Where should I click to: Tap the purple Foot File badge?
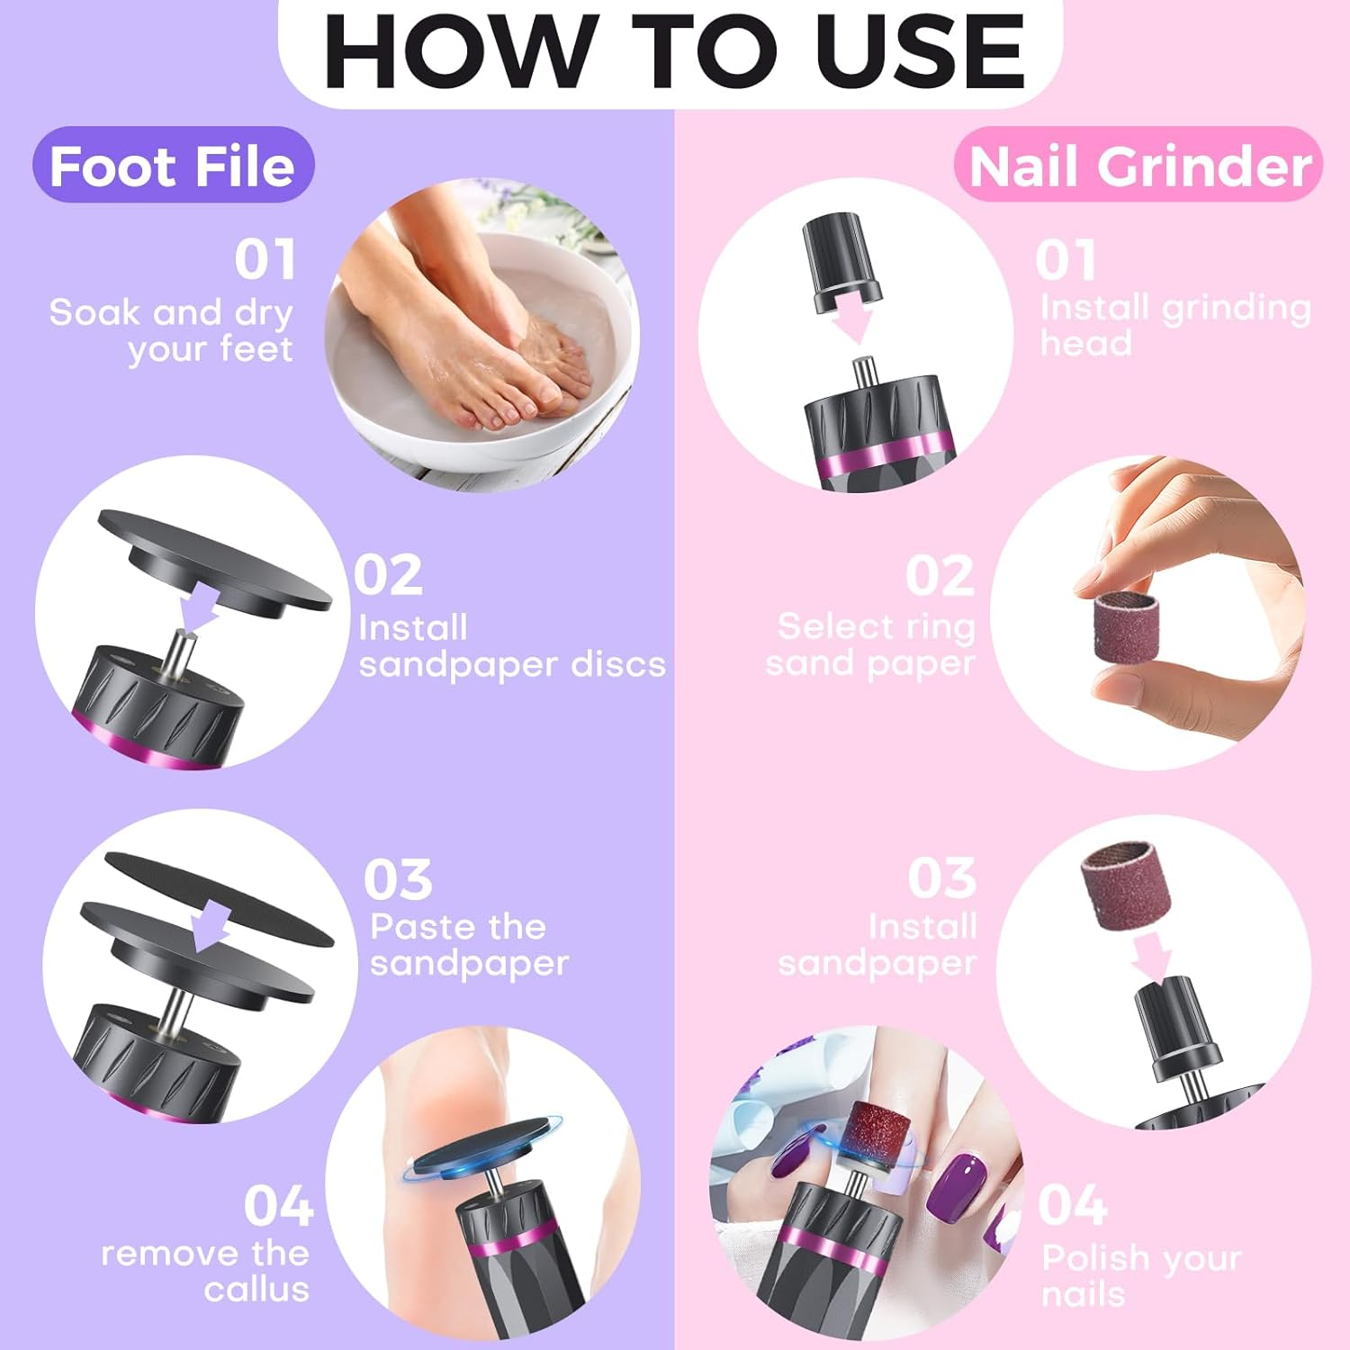coord(173,166)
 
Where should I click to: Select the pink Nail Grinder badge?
coord(1139,166)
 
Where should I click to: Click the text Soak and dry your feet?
coord(171,330)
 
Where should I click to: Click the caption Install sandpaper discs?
coord(511,646)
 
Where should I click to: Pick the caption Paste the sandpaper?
coord(468,945)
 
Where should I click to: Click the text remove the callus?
coord(205,1271)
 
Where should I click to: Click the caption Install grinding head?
coord(1174,325)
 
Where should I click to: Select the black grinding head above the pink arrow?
coord(842,261)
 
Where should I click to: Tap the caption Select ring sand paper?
coord(871,644)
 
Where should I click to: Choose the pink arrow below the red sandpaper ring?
coord(1152,956)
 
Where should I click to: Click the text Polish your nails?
coord(1141,1275)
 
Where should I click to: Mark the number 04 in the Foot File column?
coord(278,1206)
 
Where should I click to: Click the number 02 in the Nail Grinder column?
coord(940,576)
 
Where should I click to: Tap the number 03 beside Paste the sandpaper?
coord(398,879)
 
